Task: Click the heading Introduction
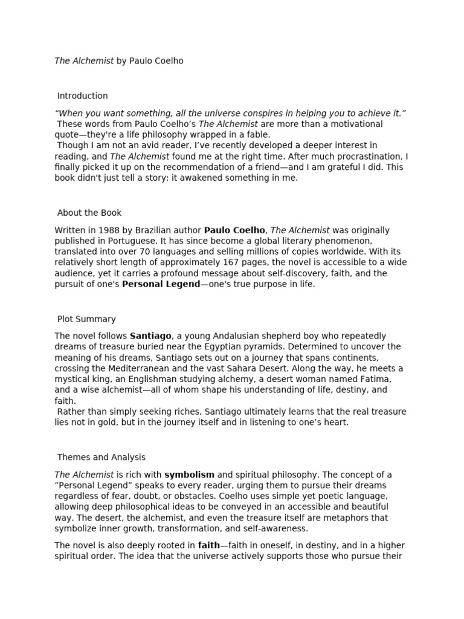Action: pyautogui.click(x=82, y=96)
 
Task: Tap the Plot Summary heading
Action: pyautogui.click(x=86, y=319)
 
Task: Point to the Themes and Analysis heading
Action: pyautogui.click(x=101, y=458)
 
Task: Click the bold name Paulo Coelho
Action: pyautogui.click(x=234, y=230)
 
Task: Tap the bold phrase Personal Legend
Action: pyautogui.click(x=161, y=284)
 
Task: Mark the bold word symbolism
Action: pyautogui.click(x=189, y=475)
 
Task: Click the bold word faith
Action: pyautogui.click(x=208, y=545)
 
